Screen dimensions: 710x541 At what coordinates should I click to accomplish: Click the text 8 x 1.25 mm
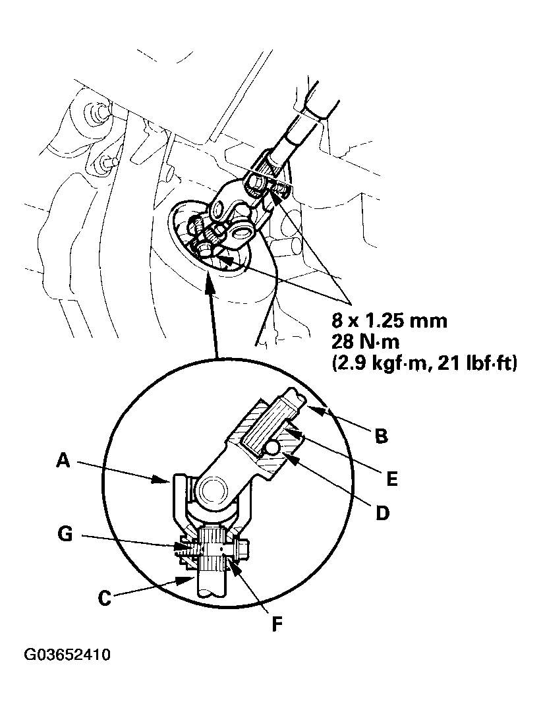pyautogui.click(x=390, y=321)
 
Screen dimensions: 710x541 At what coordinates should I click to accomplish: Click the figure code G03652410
pyautogui.click(x=67, y=656)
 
